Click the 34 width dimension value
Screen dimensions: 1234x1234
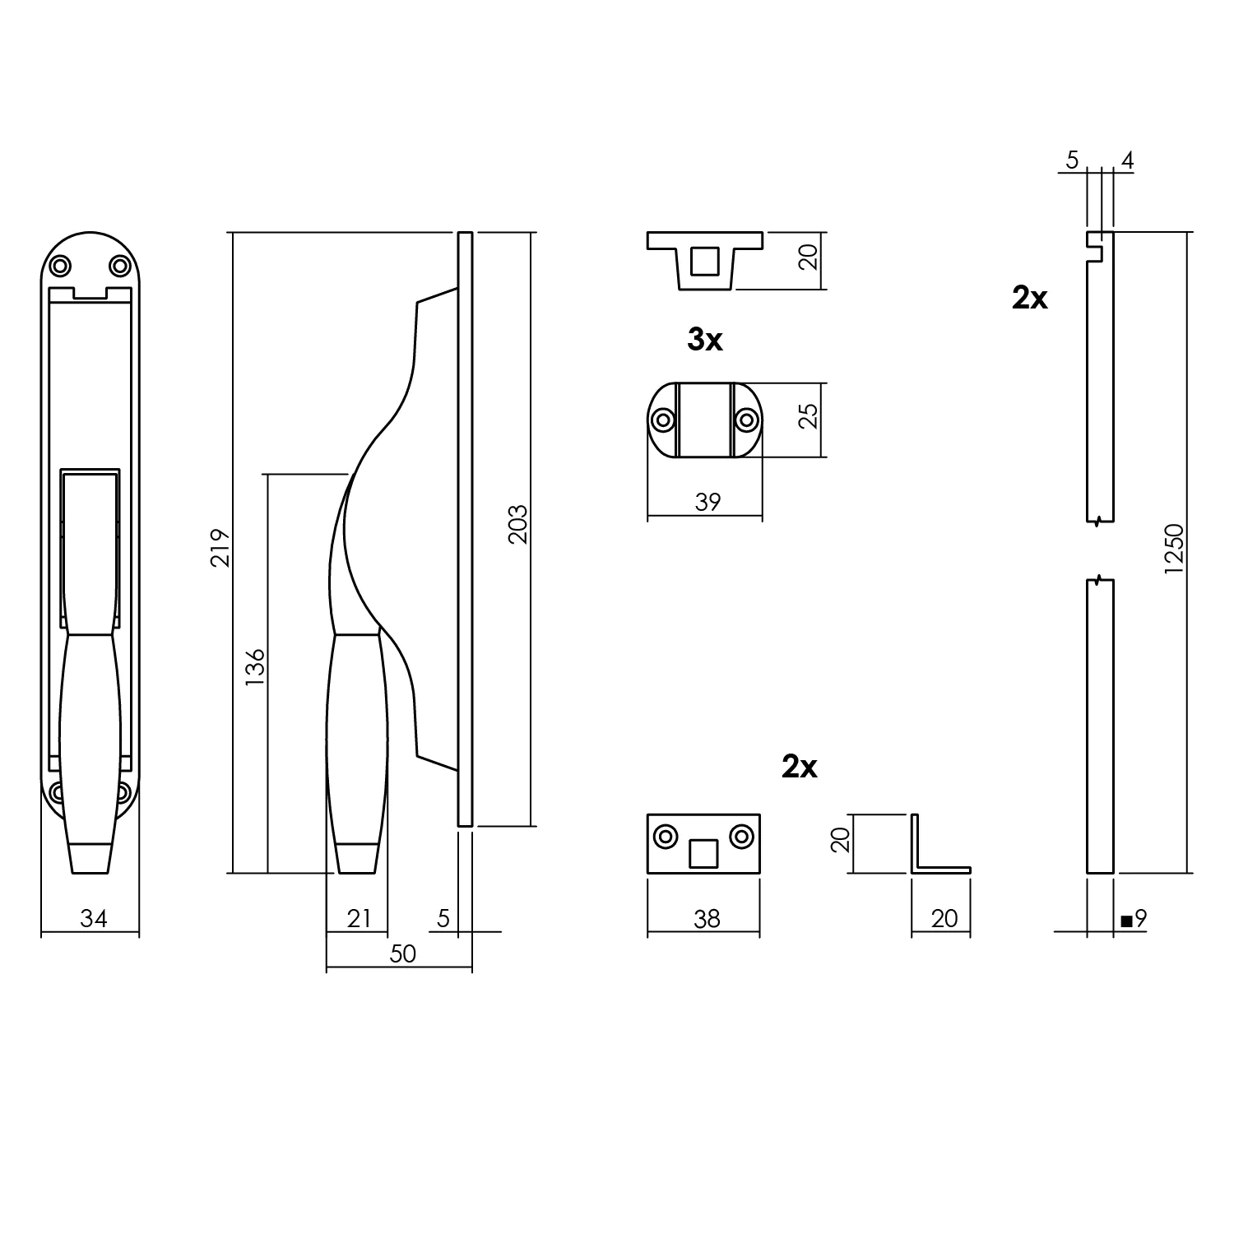point(93,918)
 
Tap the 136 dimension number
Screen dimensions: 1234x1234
point(255,667)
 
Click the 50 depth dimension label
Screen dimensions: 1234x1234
point(403,953)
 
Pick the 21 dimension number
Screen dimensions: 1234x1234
point(359,918)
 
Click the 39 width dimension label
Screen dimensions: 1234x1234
point(707,502)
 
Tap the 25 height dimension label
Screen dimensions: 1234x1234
point(810,415)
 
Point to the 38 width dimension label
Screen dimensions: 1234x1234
point(706,918)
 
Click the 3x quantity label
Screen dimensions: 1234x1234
point(705,340)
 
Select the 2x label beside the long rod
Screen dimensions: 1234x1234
point(1030,298)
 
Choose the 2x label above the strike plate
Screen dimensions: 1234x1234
point(799,767)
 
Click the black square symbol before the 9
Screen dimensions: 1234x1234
point(1125,921)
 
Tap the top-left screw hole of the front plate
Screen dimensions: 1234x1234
point(60,266)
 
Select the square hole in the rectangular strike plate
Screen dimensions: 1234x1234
point(704,854)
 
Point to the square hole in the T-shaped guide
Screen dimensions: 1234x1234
point(703,261)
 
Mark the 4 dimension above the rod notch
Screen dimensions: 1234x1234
point(1127,161)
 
